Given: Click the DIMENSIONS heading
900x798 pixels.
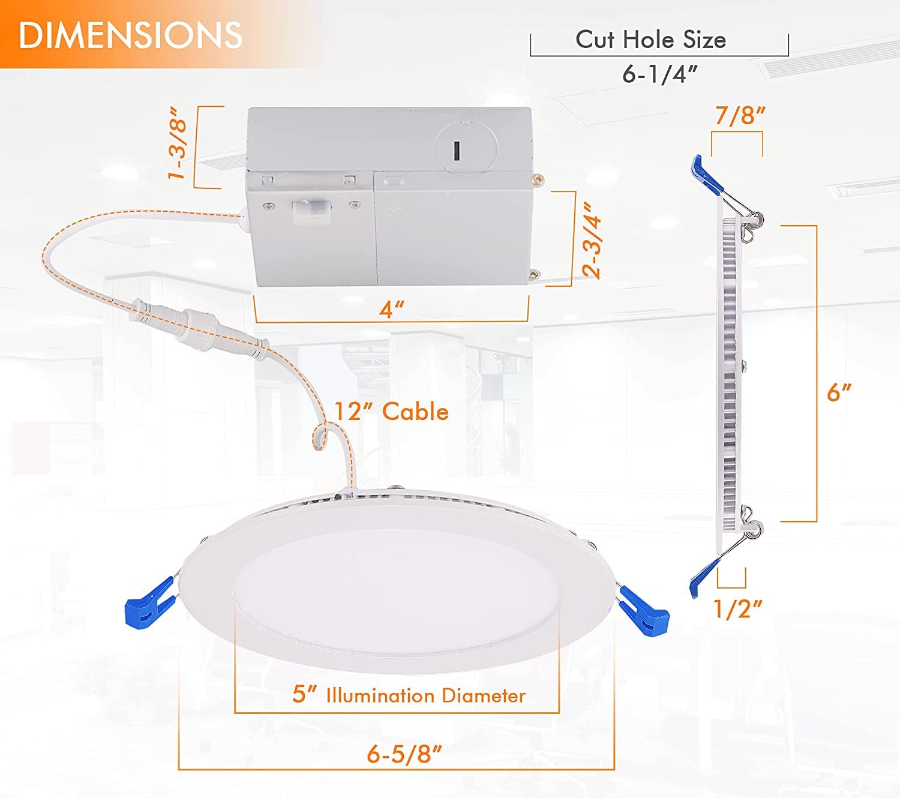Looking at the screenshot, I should click(x=130, y=35).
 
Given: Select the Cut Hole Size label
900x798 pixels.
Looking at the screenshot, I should click(x=650, y=40).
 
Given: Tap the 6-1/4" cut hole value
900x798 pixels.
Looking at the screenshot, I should click(x=659, y=74).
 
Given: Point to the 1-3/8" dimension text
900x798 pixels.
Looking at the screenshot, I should click(x=178, y=145).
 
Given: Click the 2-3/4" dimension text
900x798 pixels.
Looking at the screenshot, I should click(x=592, y=240).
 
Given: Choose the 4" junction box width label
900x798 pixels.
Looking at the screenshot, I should click(x=391, y=310).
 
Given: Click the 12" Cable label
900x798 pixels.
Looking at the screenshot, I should click(x=391, y=412).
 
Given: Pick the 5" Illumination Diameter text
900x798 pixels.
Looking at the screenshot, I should click(x=409, y=695).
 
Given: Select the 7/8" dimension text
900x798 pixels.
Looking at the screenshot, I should click(x=740, y=115).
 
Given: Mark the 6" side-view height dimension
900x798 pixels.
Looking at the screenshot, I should click(x=838, y=392).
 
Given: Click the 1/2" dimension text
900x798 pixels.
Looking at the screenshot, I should click(x=737, y=609).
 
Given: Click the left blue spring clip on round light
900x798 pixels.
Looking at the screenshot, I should click(x=148, y=602).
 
